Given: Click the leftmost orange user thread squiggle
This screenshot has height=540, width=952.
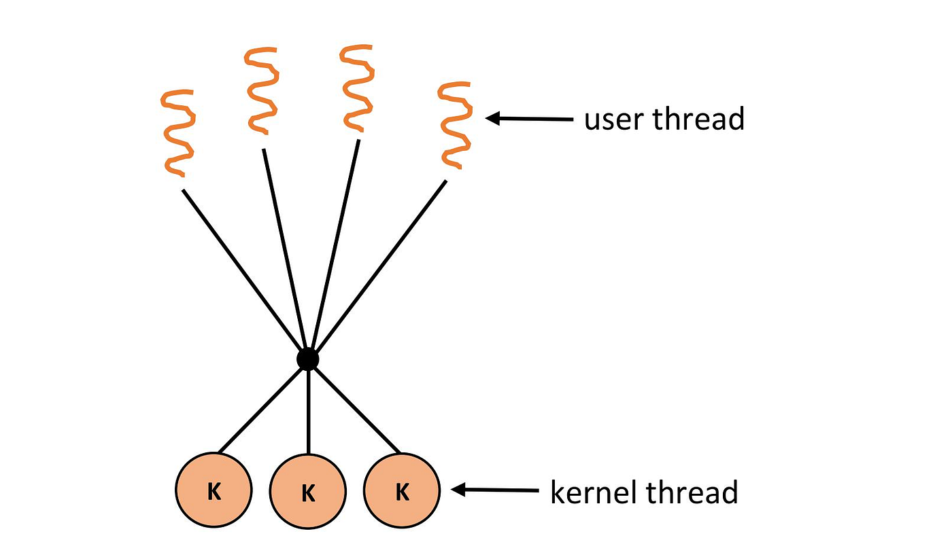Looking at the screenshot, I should (x=177, y=132).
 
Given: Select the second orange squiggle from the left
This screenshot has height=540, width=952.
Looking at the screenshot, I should (x=262, y=92).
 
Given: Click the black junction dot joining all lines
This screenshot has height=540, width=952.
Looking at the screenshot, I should (x=308, y=359).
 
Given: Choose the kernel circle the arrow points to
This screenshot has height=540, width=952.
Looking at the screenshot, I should (x=402, y=490).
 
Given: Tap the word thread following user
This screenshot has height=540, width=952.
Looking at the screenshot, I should (x=698, y=119).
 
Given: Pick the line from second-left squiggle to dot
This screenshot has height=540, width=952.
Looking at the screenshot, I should (x=286, y=251).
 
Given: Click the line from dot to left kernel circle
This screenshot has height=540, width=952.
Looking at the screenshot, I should (x=262, y=408).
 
